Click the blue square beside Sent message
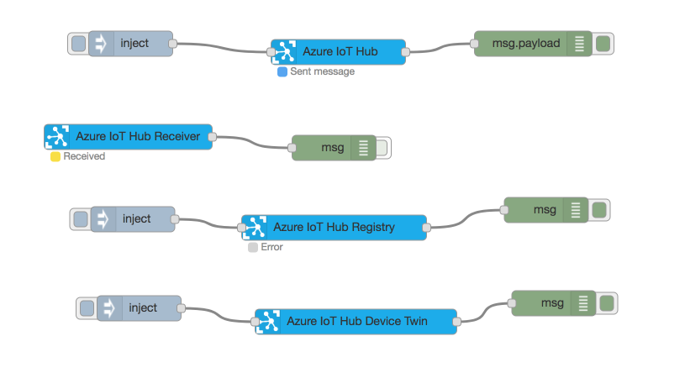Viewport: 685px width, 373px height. [282, 72]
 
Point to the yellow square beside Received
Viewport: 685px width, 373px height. [55, 156]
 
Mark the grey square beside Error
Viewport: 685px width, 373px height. [253, 248]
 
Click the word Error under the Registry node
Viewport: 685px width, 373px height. [272, 248]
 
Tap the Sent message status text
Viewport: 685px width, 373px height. [322, 72]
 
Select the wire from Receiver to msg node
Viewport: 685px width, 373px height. [252, 142]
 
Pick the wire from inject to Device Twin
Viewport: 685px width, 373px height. [219, 314]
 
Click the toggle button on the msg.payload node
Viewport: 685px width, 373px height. [603, 44]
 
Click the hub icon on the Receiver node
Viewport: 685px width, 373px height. [57, 137]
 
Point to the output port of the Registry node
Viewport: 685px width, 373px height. [426, 228]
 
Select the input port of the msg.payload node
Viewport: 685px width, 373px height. [474, 44]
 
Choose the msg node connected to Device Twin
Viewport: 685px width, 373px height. [551, 303]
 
